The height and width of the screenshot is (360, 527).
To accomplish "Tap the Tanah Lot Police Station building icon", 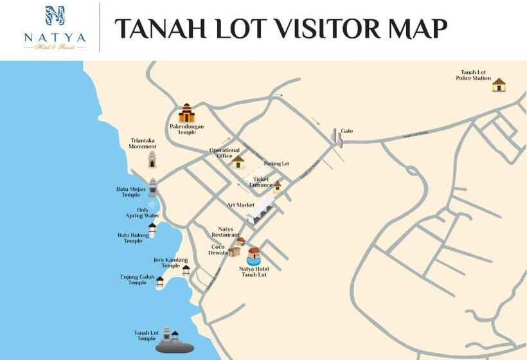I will tap(499, 85).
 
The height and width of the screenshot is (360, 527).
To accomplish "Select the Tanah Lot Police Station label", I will tap(473, 75).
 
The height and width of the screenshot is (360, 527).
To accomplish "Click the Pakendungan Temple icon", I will tap(186, 113).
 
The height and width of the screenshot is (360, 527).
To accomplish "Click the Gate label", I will tap(347, 131).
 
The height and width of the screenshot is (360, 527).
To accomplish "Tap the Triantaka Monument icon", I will tap(152, 158).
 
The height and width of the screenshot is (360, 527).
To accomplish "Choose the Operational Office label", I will tap(224, 153).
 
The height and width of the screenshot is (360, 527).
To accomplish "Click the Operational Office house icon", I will tap(238, 161).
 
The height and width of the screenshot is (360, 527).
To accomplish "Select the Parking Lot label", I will tap(276, 164).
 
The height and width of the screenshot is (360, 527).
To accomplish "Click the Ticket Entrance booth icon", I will tap(277, 186).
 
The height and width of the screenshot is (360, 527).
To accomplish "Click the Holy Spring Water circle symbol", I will tap(152, 205).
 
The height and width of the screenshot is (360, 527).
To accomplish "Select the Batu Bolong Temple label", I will tap(133, 238).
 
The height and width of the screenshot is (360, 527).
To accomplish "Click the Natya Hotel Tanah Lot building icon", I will tap(254, 255).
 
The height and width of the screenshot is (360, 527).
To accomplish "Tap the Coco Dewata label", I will tap(219, 249).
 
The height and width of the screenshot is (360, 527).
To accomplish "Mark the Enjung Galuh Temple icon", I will tap(160, 282).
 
